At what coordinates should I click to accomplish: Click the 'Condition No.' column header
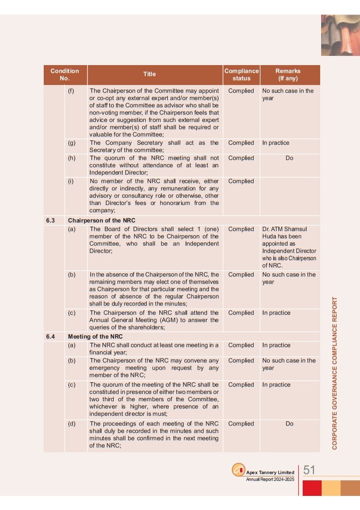(x=65, y=74)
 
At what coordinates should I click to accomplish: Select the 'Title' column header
(x=149, y=74)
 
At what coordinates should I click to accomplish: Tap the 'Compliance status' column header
(x=241, y=74)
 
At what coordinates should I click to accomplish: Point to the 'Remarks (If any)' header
(x=288, y=74)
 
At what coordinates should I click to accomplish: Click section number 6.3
(x=51, y=220)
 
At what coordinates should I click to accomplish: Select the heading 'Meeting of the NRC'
(x=95, y=336)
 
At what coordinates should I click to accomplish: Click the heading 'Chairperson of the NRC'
(x=102, y=220)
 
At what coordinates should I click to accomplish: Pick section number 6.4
(x=51, y=336)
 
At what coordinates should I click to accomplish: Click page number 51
(x=309, y=470)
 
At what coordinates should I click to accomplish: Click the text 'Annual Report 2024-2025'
(x=270, y=480)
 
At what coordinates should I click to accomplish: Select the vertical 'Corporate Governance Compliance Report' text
(x=335, y=373)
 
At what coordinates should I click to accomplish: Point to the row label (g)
(x=71, y=143)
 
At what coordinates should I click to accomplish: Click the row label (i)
(x=70, y=181)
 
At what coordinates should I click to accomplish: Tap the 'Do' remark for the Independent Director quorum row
(x=290, y=158)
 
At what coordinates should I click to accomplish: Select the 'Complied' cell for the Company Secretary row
(x=241, y=143)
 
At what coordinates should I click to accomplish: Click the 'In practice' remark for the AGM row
(x=276, y=313)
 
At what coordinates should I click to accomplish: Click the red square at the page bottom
(x=312, y=488)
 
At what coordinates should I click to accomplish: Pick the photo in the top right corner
(x=340, y=35)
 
